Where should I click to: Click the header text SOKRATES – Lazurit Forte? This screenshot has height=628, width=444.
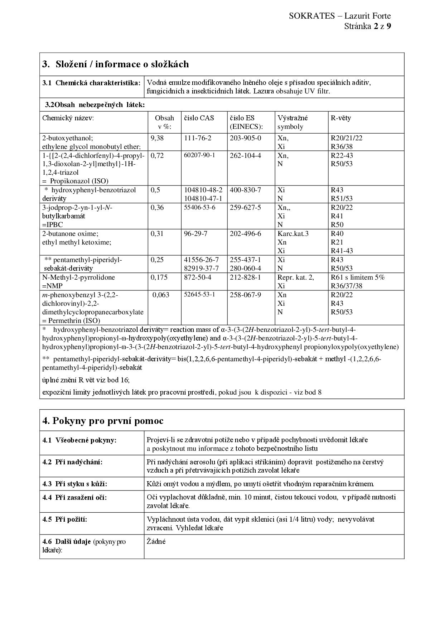click(339, 16)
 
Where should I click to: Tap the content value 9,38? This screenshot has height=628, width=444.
click(157, 138)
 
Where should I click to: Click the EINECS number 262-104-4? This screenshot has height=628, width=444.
click(245, 156)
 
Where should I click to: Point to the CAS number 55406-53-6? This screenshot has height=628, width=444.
click(199, 208)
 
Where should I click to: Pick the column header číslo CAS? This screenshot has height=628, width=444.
click(199, 118)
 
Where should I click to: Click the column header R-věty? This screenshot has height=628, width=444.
click(341, 118)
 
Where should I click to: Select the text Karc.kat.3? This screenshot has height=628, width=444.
click(293, 234)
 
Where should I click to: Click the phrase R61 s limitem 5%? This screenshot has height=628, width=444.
click(357, 277)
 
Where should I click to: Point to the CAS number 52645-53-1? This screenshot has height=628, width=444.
click(199, 295)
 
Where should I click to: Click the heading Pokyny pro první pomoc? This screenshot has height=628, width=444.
click(103, 421)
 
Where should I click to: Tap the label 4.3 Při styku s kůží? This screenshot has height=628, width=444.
click(75, 484)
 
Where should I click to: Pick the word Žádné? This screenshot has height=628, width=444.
click(156, 541)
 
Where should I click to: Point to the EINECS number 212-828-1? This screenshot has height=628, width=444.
click(245, 277)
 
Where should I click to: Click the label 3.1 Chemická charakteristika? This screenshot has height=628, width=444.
click(91, 83)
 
